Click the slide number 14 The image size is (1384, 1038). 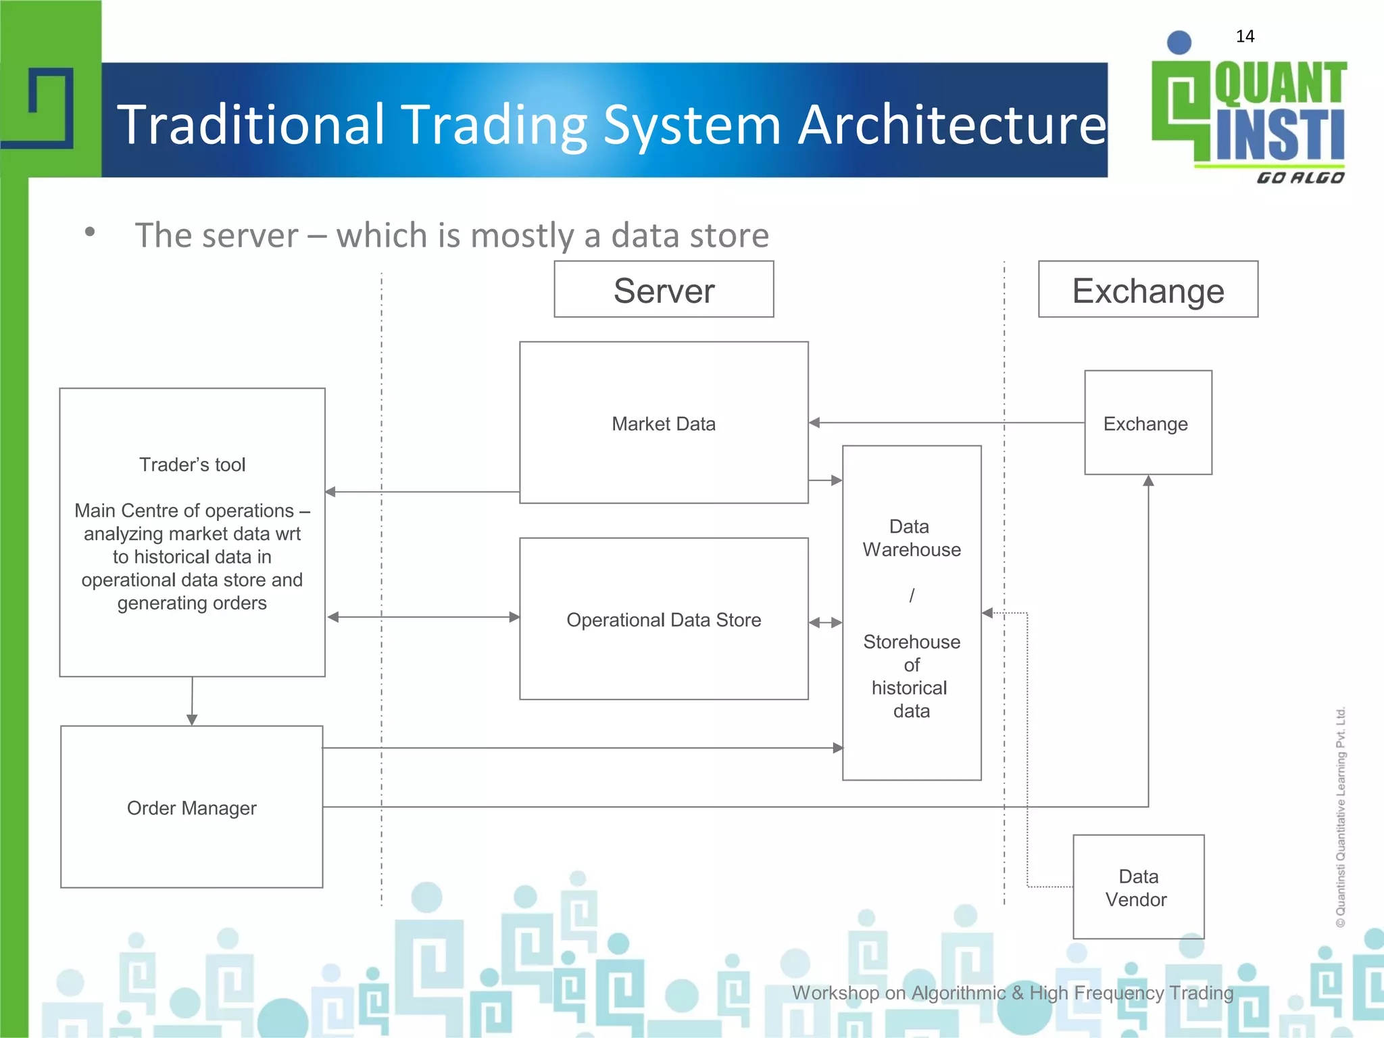click(1245, 36)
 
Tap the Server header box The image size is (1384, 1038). click(664, 290)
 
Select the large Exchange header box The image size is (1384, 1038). click(1147, 290)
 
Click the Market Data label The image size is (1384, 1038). click(663, 424)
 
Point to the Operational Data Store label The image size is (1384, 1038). click(663, 620)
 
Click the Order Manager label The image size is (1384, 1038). click(192, 808)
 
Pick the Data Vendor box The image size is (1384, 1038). click(1138, 887)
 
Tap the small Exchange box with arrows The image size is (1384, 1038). click(1147, 423)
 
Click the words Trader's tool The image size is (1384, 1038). click(192, 465)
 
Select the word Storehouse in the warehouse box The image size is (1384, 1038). click(911, 641)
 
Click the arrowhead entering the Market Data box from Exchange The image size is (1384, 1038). click(814, 423)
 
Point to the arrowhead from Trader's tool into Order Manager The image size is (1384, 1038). click(192, 720)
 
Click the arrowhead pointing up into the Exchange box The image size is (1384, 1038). click(1148, 480)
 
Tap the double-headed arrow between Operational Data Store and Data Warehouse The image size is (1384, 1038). click(825, 622)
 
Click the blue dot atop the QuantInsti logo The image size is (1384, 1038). click(1179, 43)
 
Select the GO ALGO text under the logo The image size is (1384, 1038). click(1300, 178)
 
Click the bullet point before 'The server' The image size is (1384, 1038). click(90, 232)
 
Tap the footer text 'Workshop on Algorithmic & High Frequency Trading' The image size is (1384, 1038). click(1012, 993)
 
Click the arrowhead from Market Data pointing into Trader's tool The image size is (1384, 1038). click(330, 492)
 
